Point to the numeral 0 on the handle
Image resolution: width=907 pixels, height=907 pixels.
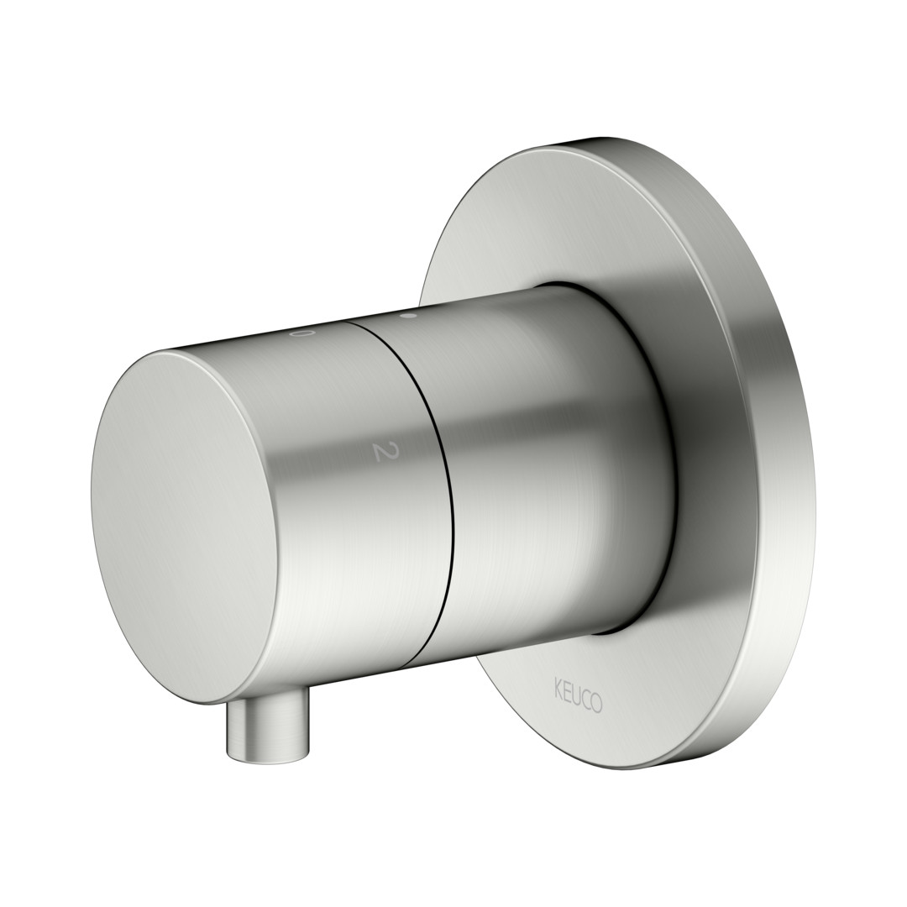[300, 333]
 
